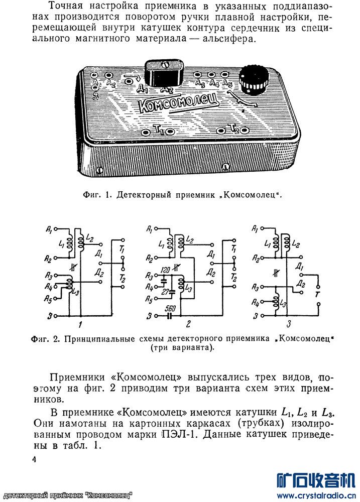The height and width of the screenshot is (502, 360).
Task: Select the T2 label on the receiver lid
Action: click(232, 129)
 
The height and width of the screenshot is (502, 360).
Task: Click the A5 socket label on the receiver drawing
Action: click(227, 83)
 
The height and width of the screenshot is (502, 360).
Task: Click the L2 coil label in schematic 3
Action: click(296, 244)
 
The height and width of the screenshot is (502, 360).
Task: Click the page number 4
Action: click(34, 460)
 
